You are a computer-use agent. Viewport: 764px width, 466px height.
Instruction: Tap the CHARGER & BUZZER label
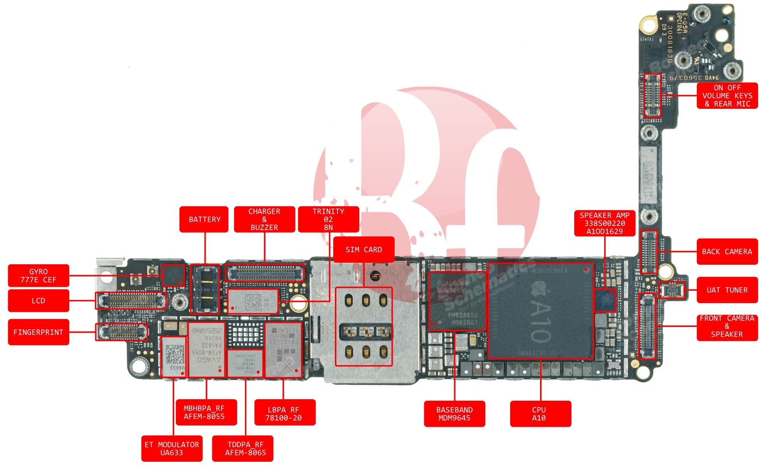click(264, 219)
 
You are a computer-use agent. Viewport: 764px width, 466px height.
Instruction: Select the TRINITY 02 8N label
click(328, 219)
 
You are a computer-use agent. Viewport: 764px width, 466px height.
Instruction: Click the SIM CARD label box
click(364, 250)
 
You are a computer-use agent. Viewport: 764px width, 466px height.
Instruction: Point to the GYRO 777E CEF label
click(38, 276)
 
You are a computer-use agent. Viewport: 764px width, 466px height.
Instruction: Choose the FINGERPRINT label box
click(38, 332)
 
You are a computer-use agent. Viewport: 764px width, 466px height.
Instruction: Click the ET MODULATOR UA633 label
click(172, 448)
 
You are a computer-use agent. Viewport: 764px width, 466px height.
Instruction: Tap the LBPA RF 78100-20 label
click(285, 414)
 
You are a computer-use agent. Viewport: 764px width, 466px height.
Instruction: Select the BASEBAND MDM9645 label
click(454, 414)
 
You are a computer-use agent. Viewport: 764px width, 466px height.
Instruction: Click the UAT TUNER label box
click(727, 290)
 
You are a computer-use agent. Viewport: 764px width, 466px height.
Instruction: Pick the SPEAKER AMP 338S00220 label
click(605, 223)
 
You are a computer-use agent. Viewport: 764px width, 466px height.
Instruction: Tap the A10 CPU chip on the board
click(540, 311)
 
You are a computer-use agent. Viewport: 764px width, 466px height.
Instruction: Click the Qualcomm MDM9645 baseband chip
click(457, 301)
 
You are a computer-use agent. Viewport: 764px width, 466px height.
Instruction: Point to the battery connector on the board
click(205, 290)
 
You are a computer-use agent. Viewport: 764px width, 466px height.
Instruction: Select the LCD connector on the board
click(131, 300)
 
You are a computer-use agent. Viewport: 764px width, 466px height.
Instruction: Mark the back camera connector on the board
click(649, 252)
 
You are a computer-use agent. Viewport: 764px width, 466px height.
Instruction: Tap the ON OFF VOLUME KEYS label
click(727, 96)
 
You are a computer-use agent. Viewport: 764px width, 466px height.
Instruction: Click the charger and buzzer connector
click(265, 273)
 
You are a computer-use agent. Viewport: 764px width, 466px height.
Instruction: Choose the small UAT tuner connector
click(672, 290)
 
